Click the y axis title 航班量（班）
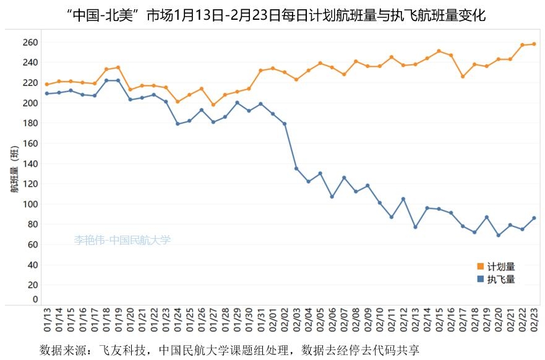14,170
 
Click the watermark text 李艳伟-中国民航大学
122,240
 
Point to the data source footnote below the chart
229,349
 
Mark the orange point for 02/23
534,44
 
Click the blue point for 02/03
296,168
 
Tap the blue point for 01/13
47,93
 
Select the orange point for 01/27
213,105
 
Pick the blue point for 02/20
498,235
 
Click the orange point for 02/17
463,77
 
